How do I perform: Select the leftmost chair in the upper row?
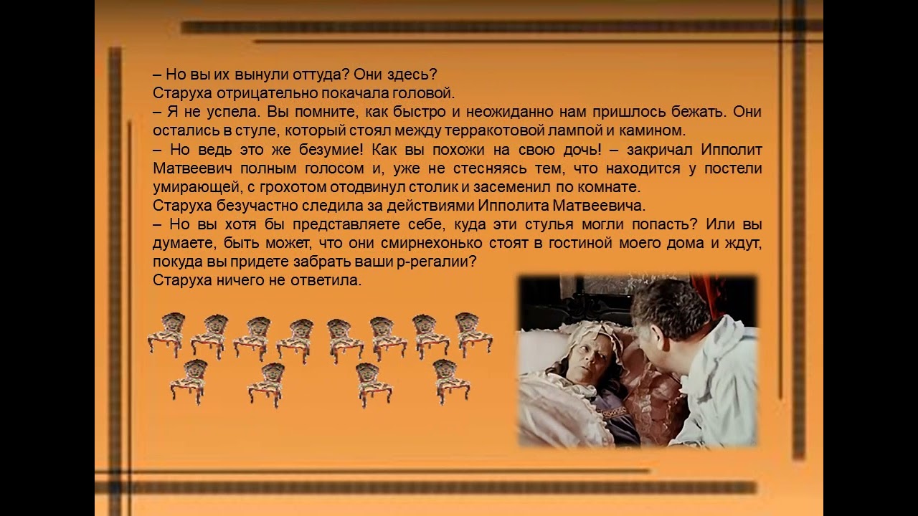coord(167,334)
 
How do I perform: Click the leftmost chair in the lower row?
coord(189,382)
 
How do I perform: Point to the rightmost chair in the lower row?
coord(451,382)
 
